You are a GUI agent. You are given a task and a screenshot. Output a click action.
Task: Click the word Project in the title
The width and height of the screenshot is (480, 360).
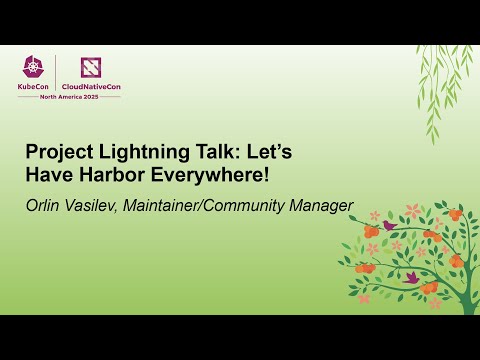click(x=57, y=153)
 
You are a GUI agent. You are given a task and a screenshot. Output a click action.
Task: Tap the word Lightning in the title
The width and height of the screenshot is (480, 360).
click(x=136, y=153)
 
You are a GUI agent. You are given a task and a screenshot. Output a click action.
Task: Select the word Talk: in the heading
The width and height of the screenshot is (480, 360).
click(x=209, y=153)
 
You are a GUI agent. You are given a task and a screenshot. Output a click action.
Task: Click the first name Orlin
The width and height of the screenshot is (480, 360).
click(x=46, y=206)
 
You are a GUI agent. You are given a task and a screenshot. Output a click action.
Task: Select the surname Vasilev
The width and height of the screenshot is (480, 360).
click(x=100, y=206)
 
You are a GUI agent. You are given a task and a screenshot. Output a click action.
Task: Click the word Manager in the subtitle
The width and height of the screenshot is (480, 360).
click(x=323, y=207)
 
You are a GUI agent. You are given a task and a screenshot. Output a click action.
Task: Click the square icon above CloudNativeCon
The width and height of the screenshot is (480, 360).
click(x=93, y=66)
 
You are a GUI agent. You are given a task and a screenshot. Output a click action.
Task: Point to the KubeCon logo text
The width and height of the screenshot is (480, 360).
click(x=38, y=86)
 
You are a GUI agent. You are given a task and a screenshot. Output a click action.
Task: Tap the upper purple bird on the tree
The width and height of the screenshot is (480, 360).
click(x=389, y=226)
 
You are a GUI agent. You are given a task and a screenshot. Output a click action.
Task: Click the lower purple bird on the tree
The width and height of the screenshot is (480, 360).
click(x=411, y=277)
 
